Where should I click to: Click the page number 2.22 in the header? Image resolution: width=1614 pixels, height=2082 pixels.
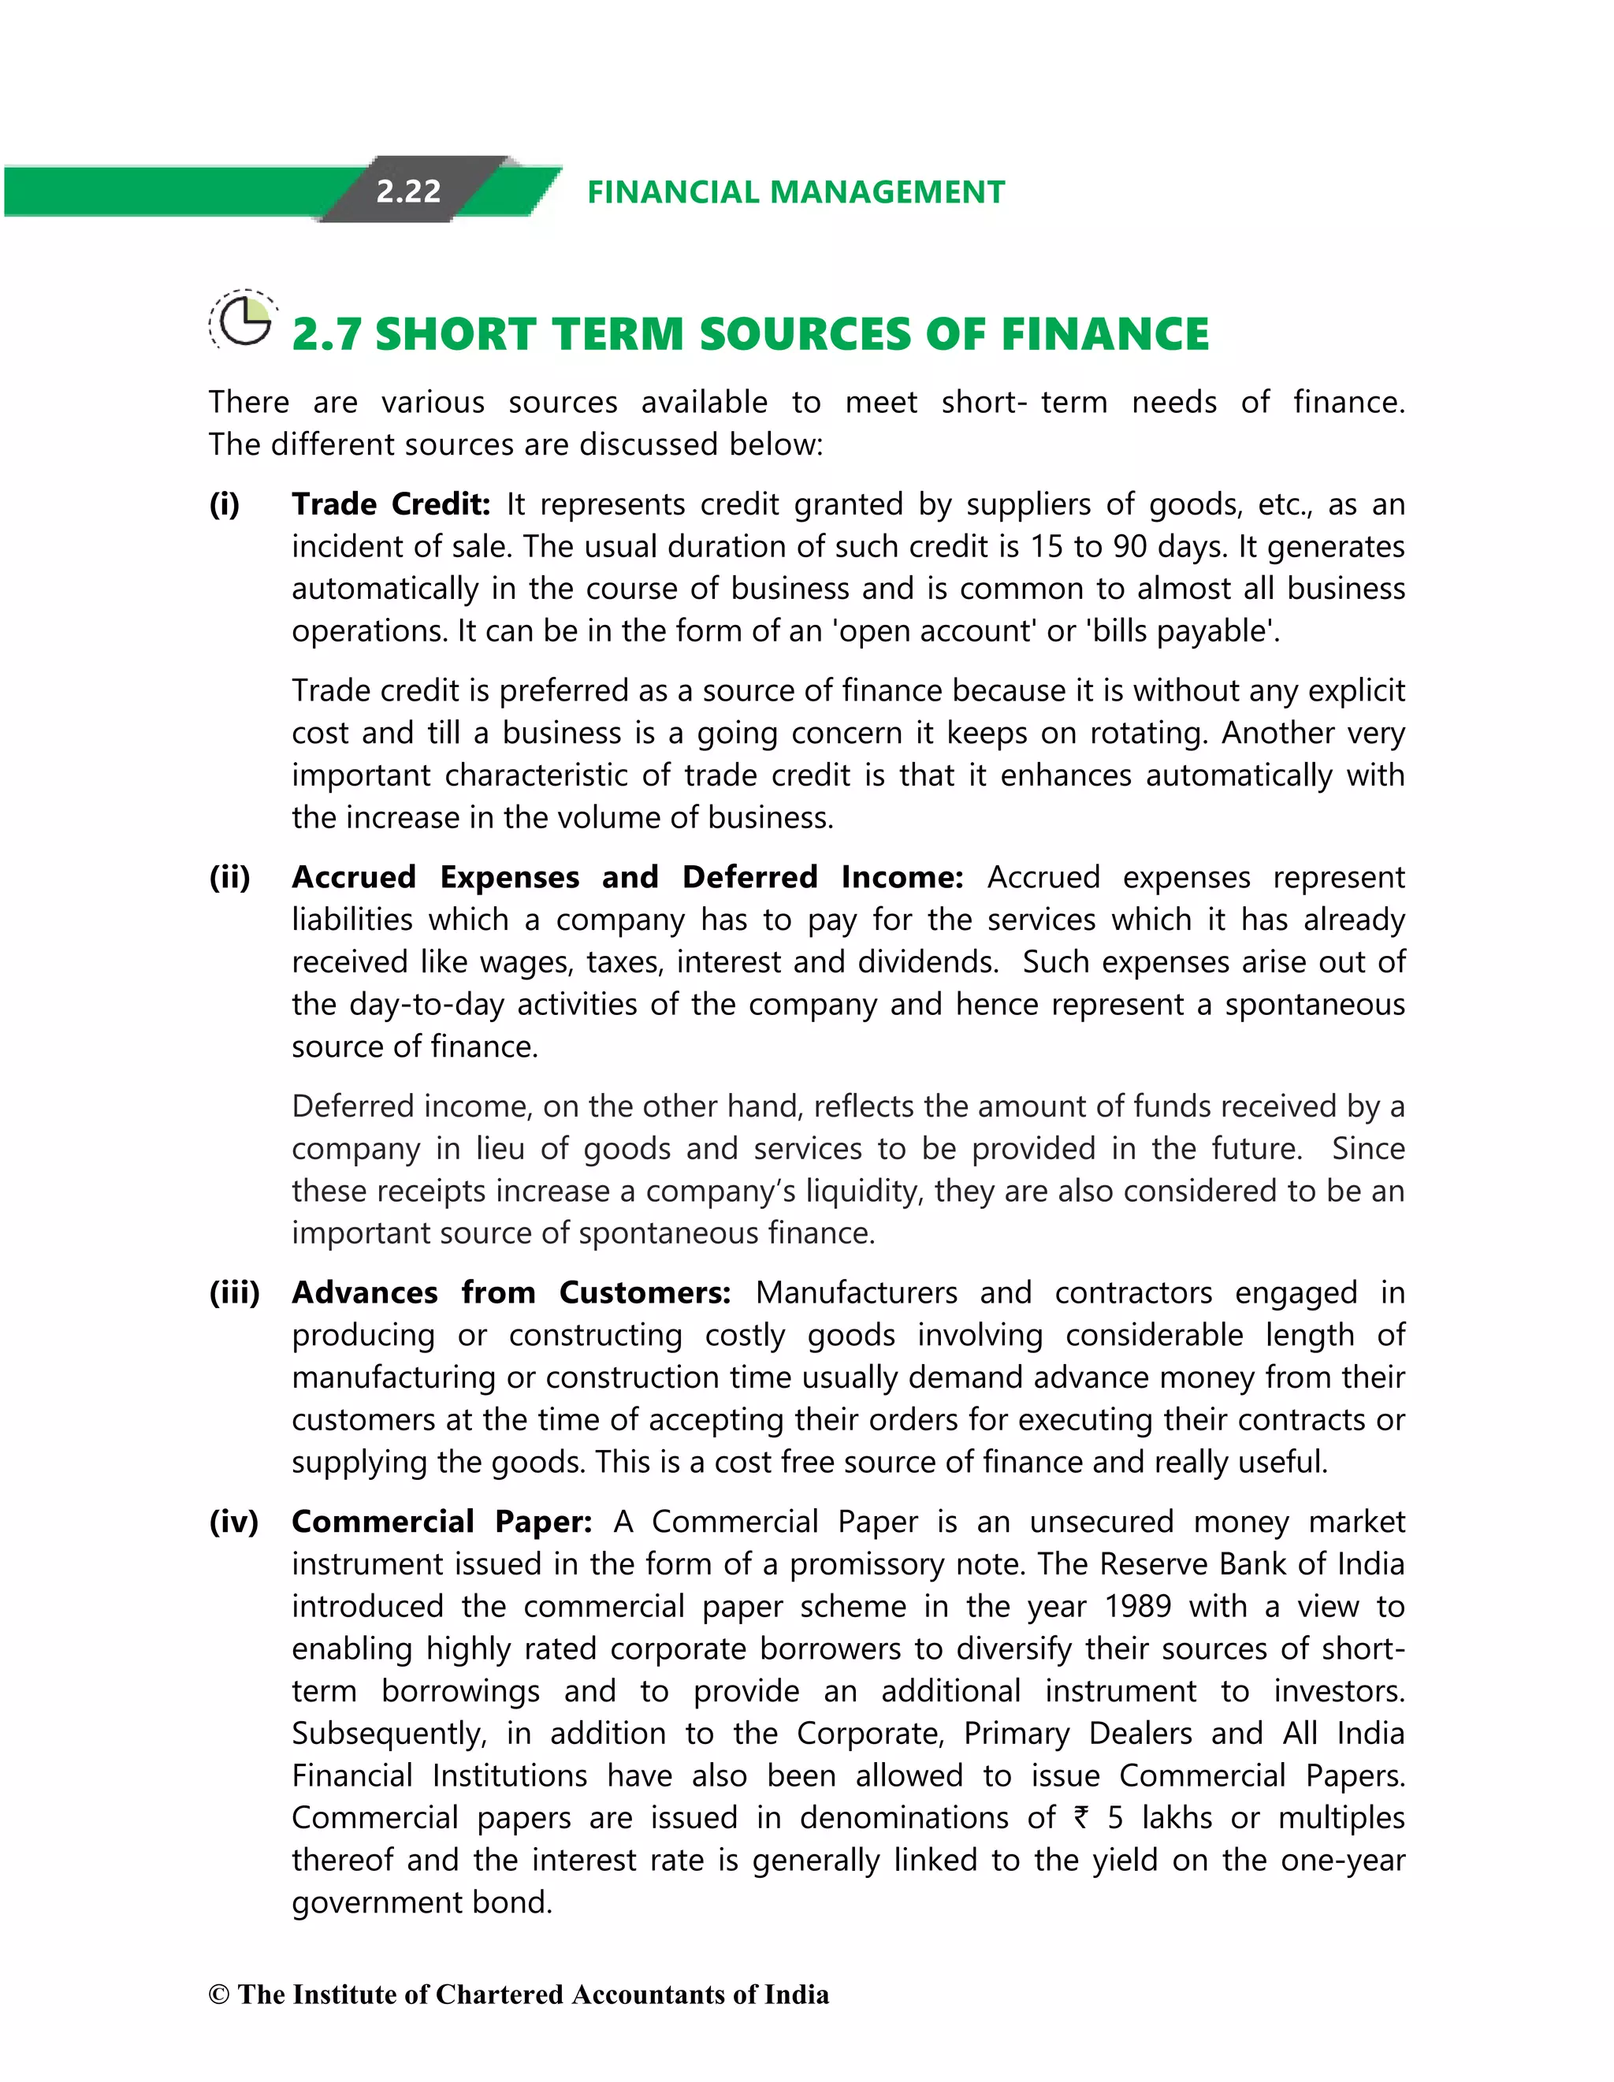coord(408,191)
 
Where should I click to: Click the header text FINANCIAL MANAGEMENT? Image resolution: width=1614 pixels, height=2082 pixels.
coord(795,192)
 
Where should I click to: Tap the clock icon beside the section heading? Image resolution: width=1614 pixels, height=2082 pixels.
coord(244,320)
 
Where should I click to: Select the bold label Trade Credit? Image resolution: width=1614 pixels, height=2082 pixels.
coord(390,504)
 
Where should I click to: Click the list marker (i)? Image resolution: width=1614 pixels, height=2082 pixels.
coord(225,504)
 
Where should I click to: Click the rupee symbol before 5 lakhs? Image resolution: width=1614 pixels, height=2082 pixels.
coord(1080,1817)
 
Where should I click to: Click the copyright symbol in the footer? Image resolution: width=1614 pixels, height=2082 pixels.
coord(218,1995)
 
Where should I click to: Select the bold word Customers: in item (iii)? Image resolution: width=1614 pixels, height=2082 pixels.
coord(645,1292)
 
